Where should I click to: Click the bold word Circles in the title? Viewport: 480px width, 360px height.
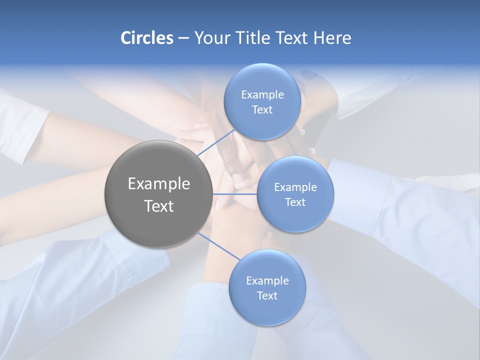(x=146, y=38)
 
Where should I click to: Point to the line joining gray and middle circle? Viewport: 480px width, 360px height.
(x=234, y=194)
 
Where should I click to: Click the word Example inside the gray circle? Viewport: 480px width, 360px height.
(x=158, y=184)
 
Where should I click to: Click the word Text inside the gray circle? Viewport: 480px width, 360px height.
(x=158, y=206)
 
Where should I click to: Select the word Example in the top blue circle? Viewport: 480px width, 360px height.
(x=262, y=94)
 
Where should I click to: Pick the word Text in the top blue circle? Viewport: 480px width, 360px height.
(x=262, y=110)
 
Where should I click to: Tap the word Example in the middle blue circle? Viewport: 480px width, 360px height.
(x=295, y=187)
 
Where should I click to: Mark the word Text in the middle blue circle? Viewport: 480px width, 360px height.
(x=295, y=202)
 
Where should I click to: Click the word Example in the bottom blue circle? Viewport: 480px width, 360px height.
(x=267, y=280)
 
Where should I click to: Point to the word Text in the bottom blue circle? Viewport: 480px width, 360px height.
(x=267, y=296)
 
